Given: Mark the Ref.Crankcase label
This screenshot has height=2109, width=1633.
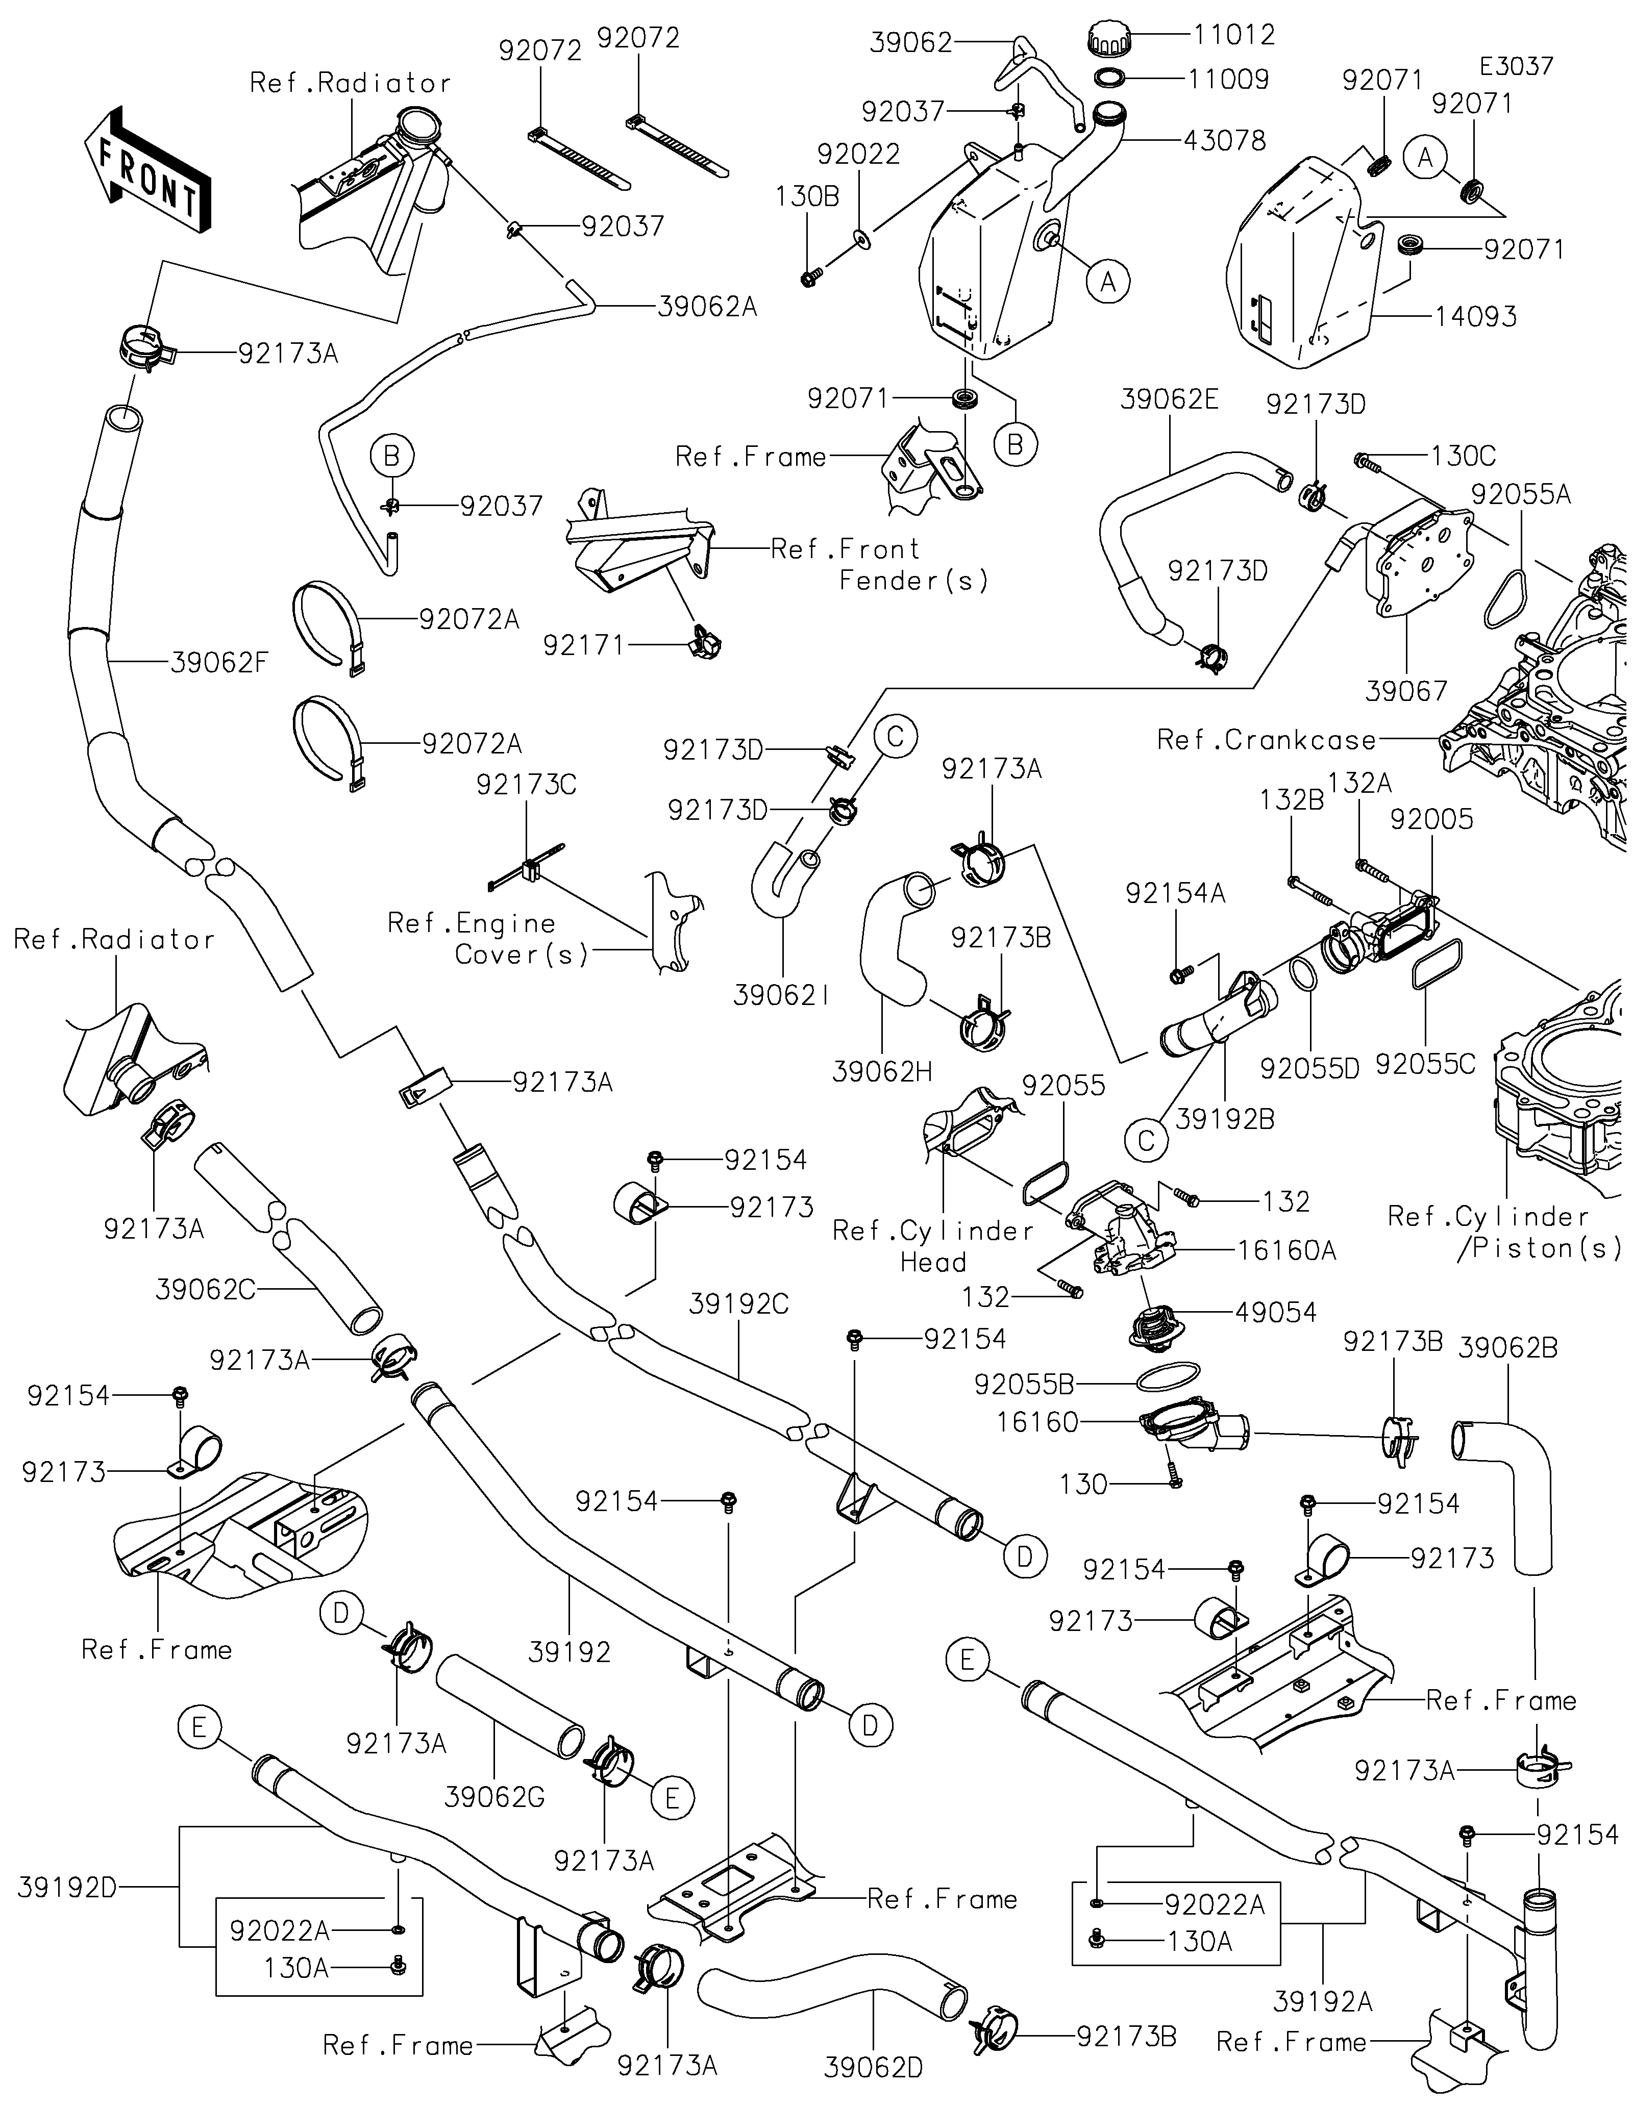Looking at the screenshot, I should tap(1266, 741).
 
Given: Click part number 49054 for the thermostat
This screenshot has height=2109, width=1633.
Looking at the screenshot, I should tap(1276, 1312).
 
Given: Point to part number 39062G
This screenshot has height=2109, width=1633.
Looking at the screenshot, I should tap(494, 1797).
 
